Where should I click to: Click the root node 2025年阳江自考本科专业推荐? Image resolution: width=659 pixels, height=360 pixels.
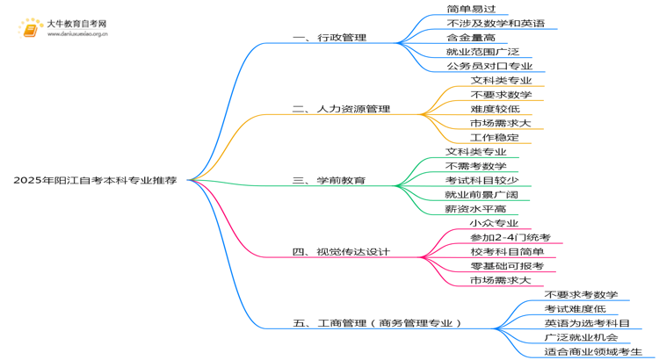click(x=95, y=180)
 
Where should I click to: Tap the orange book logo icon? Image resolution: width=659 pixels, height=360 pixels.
click(x=30, y=29)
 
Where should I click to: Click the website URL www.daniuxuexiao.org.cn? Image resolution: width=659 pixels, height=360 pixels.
click(x=77, y=34)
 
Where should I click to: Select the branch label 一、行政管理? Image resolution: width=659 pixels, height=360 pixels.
click(x=329, y=38)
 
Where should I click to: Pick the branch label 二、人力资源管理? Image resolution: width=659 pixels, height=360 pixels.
click(x=341, y=109)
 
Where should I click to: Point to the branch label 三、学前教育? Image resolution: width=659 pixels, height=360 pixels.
click(x=329, y=180)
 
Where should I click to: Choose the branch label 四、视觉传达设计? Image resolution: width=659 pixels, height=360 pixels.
click(x=341, y=252)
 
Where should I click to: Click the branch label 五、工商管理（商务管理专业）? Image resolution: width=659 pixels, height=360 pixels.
click(x=377, y=323)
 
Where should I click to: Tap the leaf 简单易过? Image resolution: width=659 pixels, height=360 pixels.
click(x=471, y=9)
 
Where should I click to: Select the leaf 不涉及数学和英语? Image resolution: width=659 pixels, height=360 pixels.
click(x=496, y=23)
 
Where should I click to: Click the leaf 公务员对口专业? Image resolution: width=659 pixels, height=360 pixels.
click(x=489, y=66)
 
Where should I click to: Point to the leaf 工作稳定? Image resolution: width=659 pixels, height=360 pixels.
click(x=495, y=137)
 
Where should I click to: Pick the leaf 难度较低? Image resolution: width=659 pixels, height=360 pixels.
click(x=495, y=109)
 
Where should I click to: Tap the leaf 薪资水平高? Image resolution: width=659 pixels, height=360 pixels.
click(x=475, y=209)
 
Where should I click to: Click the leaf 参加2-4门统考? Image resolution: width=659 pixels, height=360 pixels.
click(x=511, y=237)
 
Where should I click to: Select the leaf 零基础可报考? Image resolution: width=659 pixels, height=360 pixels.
click(x=507, y=266)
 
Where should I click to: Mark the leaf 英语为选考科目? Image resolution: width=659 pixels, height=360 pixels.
click(x=587, y=323)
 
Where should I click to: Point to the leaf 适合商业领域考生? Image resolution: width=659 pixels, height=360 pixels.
click(x=593, y=351)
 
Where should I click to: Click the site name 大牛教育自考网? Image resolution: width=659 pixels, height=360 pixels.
click(x=77, y=24)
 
